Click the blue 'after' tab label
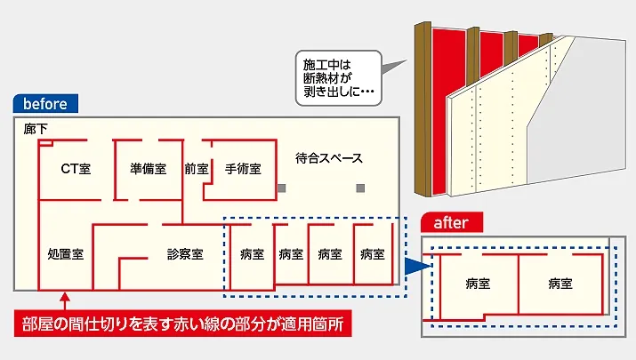tap(451, 223)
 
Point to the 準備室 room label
tap(148, 168)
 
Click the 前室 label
tap(196, 168)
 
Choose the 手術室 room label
tap(242, 168)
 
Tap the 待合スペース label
tap(329, 159)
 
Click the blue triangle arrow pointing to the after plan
tap(414, 264)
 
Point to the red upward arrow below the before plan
tap(63, 300)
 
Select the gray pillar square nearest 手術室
tap(281, 188)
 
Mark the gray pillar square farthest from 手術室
tap(360, 188)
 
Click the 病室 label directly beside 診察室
tap(252, 254)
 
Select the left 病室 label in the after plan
tap(477, 284)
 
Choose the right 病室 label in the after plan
tap(560, 284)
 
